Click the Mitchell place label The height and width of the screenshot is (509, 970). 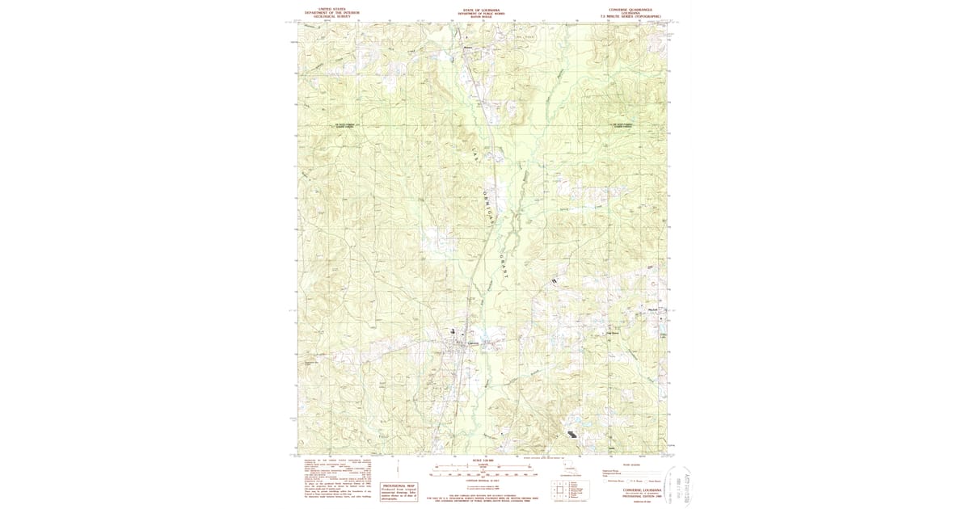coord(653,310)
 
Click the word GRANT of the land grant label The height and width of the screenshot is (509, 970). coord(504,267)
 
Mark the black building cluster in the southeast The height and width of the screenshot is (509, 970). coord(572,433)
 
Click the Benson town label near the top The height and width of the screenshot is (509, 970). coord(467,47)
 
